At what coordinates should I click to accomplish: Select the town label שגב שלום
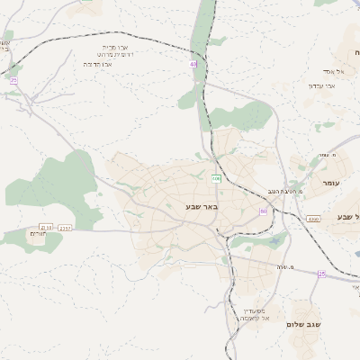(304, 324)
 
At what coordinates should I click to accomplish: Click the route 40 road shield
(193, 64)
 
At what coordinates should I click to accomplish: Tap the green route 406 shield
(216, 178)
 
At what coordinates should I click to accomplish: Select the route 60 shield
(264, 211)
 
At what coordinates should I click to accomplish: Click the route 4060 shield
(312, 219)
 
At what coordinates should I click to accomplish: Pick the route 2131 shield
(47, 228)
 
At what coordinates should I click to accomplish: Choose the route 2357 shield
(65, 228)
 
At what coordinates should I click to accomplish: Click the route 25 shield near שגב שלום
(321, 273)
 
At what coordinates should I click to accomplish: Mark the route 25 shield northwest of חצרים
(13, 80)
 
